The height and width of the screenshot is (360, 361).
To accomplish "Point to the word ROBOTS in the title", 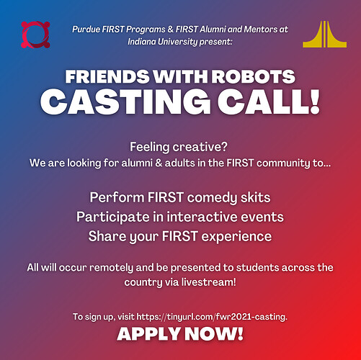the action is click(x=254, y=76).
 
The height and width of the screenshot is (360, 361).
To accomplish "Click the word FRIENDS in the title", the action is click(x=107, y=76).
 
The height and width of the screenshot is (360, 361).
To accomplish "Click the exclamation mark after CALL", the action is click(x=314, y=102).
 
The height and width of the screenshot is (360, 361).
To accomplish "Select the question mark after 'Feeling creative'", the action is click(x=224, y=147).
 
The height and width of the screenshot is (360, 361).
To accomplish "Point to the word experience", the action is click(x=236, y=237).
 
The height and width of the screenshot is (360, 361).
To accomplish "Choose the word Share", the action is click(x=107, y=236).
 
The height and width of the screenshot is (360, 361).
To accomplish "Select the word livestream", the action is click(x=208, y=282).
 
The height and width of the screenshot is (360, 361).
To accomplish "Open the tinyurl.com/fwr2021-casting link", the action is click(x=212, y=317).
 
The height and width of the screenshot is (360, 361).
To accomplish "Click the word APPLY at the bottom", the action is click(x=149, y=334).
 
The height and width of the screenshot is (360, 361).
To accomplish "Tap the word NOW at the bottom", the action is click(x=211, y=334).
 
